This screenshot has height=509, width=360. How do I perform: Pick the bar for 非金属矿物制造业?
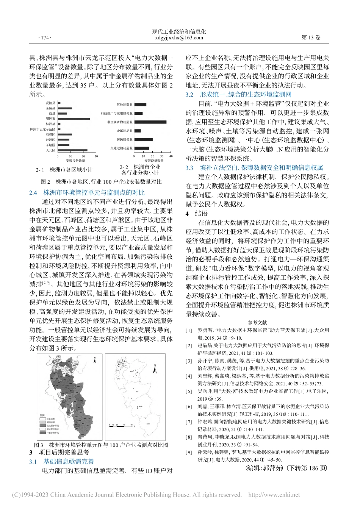click(x=150, y=122)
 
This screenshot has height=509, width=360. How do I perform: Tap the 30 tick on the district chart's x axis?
click(x=96, y=156)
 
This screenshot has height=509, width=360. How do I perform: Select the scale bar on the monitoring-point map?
click(x=120, y=426)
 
